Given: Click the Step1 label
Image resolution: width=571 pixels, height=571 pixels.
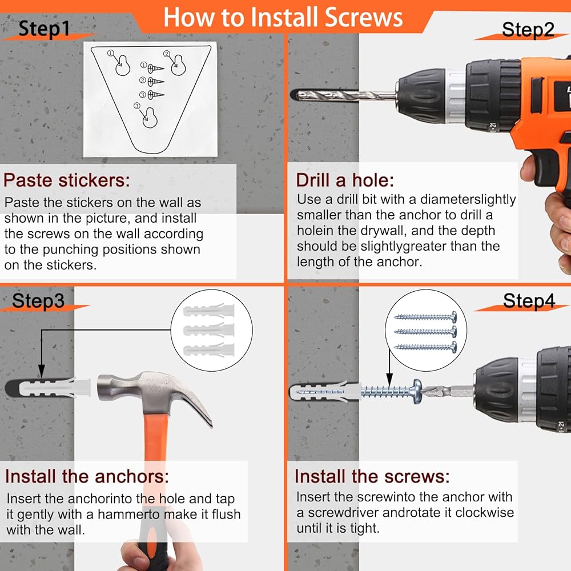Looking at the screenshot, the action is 44,29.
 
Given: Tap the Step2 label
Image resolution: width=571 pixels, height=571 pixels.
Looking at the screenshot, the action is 528,30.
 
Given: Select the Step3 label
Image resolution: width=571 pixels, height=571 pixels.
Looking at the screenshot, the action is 38,301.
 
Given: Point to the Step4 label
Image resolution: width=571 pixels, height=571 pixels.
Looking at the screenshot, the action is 529,301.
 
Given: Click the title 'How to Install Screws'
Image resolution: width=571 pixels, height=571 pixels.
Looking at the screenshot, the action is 283,17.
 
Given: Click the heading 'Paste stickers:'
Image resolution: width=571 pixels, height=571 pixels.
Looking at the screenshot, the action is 67,180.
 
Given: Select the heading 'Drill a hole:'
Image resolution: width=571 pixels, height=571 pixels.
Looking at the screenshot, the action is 345,180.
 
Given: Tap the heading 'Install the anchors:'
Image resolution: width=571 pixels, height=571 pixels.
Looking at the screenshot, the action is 87,476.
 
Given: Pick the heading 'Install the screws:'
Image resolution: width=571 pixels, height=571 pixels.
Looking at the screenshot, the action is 372,476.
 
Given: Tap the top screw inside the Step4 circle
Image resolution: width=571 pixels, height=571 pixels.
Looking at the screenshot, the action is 425,317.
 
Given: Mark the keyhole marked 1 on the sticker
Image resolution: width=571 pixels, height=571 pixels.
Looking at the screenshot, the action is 123,66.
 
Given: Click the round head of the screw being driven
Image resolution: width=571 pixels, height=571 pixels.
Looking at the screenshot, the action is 417,392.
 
